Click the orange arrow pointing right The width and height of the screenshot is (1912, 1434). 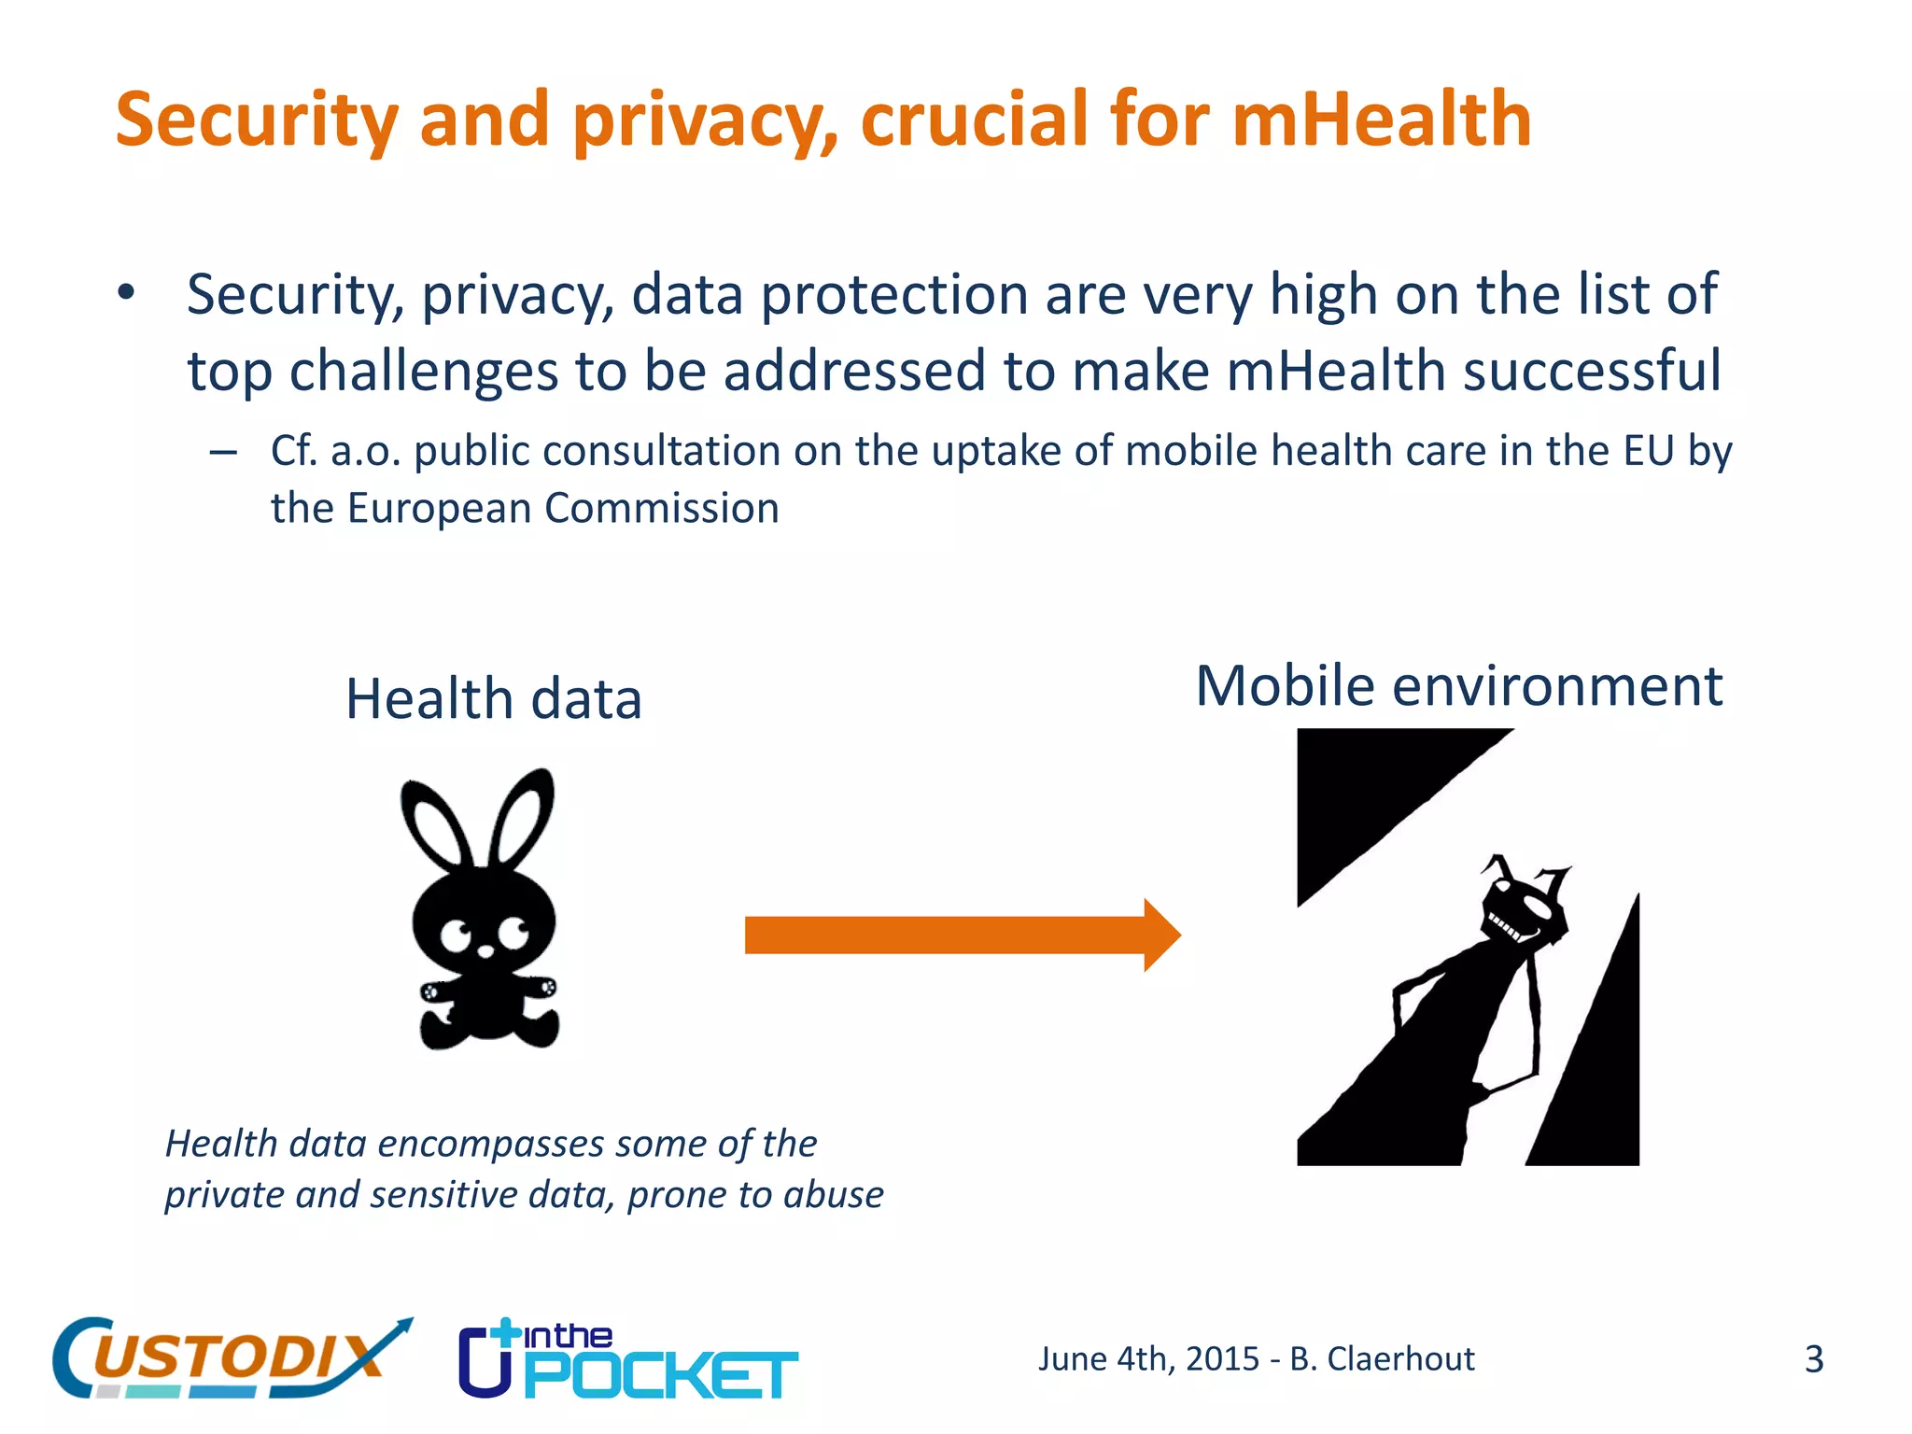(962, 935)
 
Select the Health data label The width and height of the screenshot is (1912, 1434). (494, 699)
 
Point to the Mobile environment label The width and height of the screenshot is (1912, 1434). (1458, 686)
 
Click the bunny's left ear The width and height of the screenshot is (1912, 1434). (436, 822)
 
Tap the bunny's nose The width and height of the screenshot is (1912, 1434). (485, 951)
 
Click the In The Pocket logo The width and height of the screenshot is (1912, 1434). (627, 1360)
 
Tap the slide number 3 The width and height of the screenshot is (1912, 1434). (1813, 1359)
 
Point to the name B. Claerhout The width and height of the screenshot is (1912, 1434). (1382, 1359)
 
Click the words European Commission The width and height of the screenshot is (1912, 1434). (563, 509)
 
